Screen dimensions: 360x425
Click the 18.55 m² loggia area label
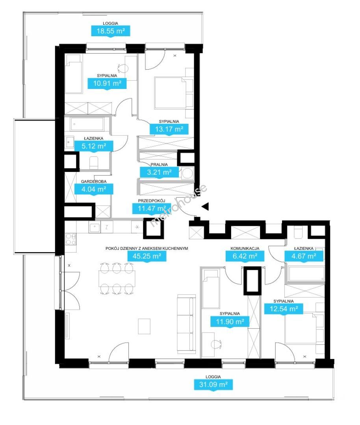click(x=110, y=31)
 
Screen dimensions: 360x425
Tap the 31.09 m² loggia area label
click(x=213, y=384)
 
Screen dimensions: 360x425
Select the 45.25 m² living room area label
click(x=147, y=256)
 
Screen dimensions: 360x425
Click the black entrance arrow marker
click(x=205, y=207)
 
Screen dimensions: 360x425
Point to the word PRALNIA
click(x=159, y=164)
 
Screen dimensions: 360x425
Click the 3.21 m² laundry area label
click(x=159, y=172)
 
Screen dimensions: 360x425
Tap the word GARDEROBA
click(x=94, y=181)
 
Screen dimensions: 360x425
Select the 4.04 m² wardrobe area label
click(x=94, y=189)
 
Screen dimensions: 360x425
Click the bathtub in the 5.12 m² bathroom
click(x=87, y=124)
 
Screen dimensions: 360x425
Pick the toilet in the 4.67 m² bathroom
click(x=299, y=233)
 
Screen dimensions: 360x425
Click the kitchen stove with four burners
click(x=71, y=239)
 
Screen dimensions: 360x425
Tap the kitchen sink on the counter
click(x=95, y=228)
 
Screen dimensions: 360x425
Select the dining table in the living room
click(x=117, y=279)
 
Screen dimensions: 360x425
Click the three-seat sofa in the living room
click(x=186, y=324)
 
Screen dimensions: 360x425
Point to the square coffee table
click(x=144, y=326)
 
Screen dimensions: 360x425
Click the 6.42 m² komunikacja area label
click(x=245, y=256)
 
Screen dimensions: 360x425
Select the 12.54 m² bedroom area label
click(x=284, y=309)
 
